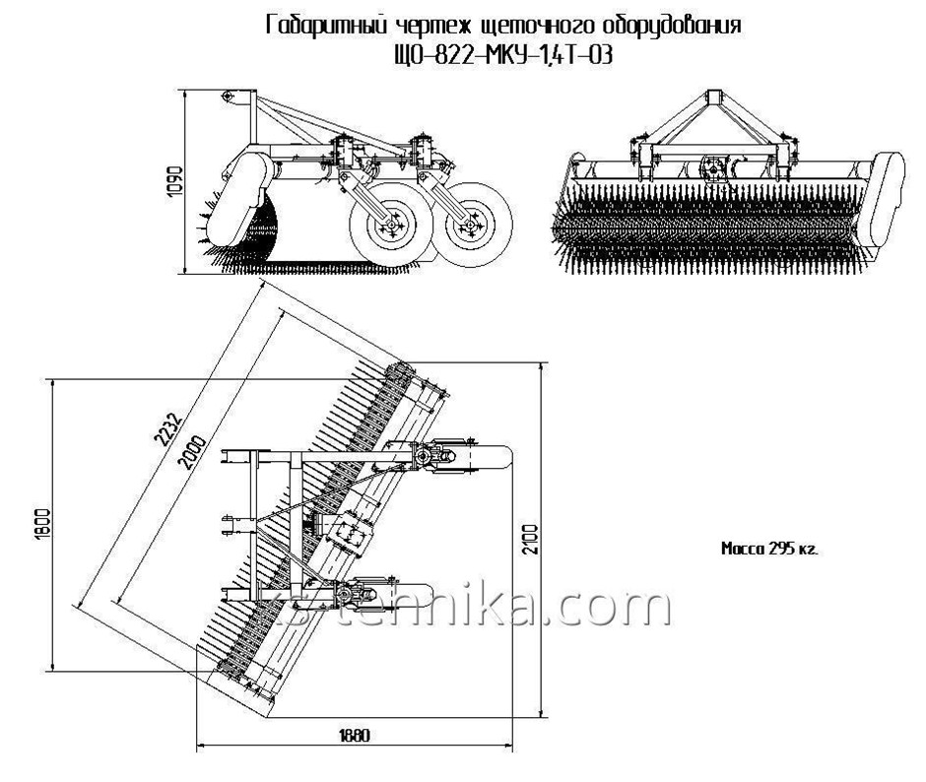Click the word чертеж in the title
point(419,28)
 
